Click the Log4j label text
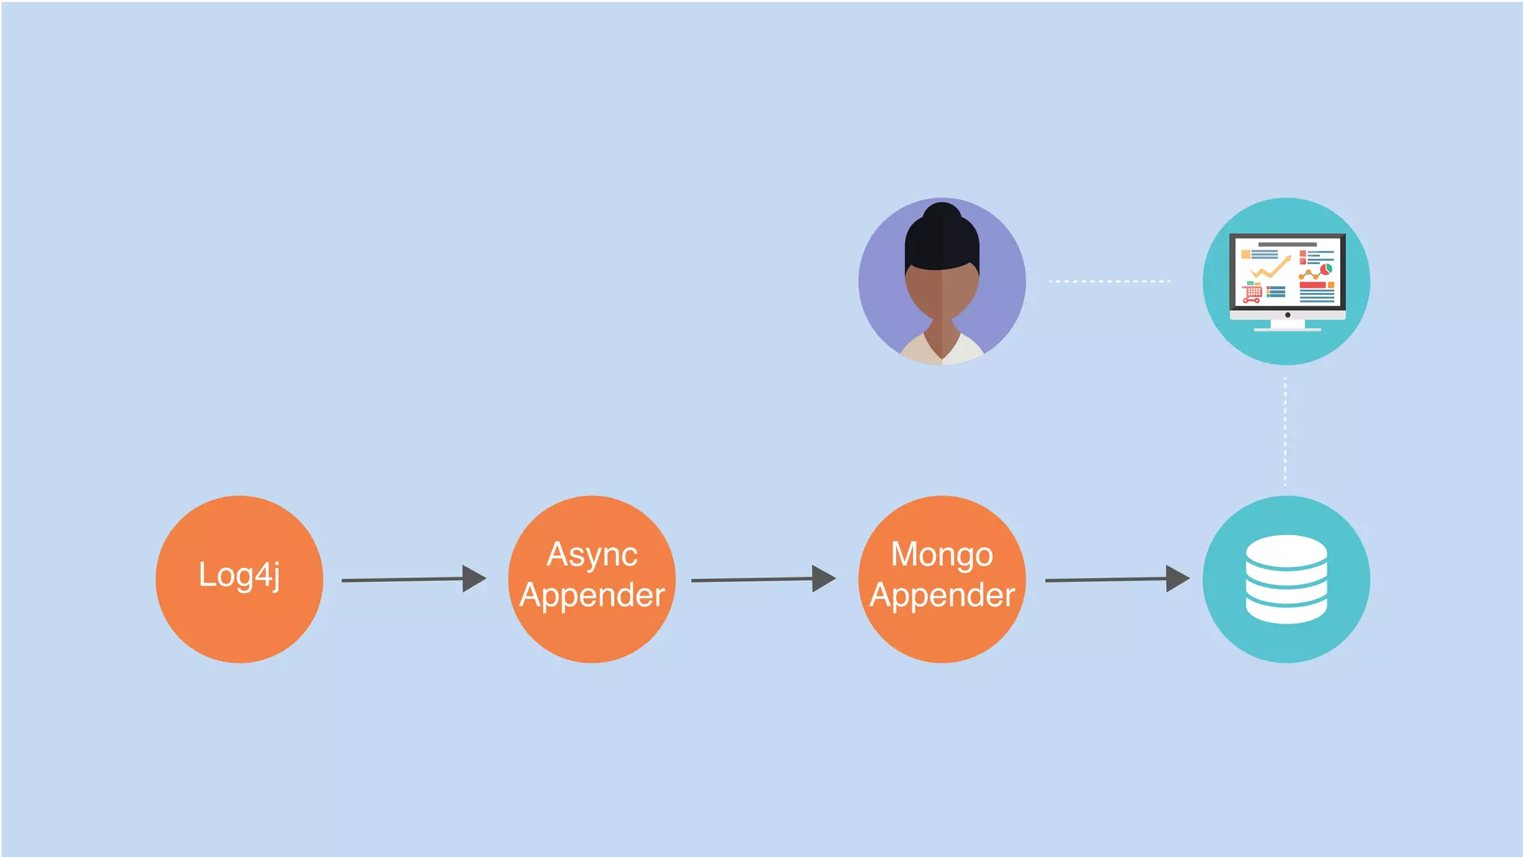[x=239, y=575]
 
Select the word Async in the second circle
[x=592, y=554]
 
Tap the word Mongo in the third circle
[x=941, y=554]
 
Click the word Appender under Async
[x=592, y=595]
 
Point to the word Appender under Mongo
[x=942, y=595]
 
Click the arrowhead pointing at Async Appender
[x=473, y=578]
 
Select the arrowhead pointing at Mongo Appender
[x=823, y=578]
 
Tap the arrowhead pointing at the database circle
[x=1176, y=578]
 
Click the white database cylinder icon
[x=1286, y=579]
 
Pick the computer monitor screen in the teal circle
[x=1287, y=271]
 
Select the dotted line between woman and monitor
[x=1110, y=282]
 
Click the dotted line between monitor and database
[x=1285, y=431]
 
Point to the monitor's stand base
[x=1287, y=328]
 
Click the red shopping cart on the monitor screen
[x=1252, y=293]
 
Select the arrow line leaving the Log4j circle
[x=402, y=580]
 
